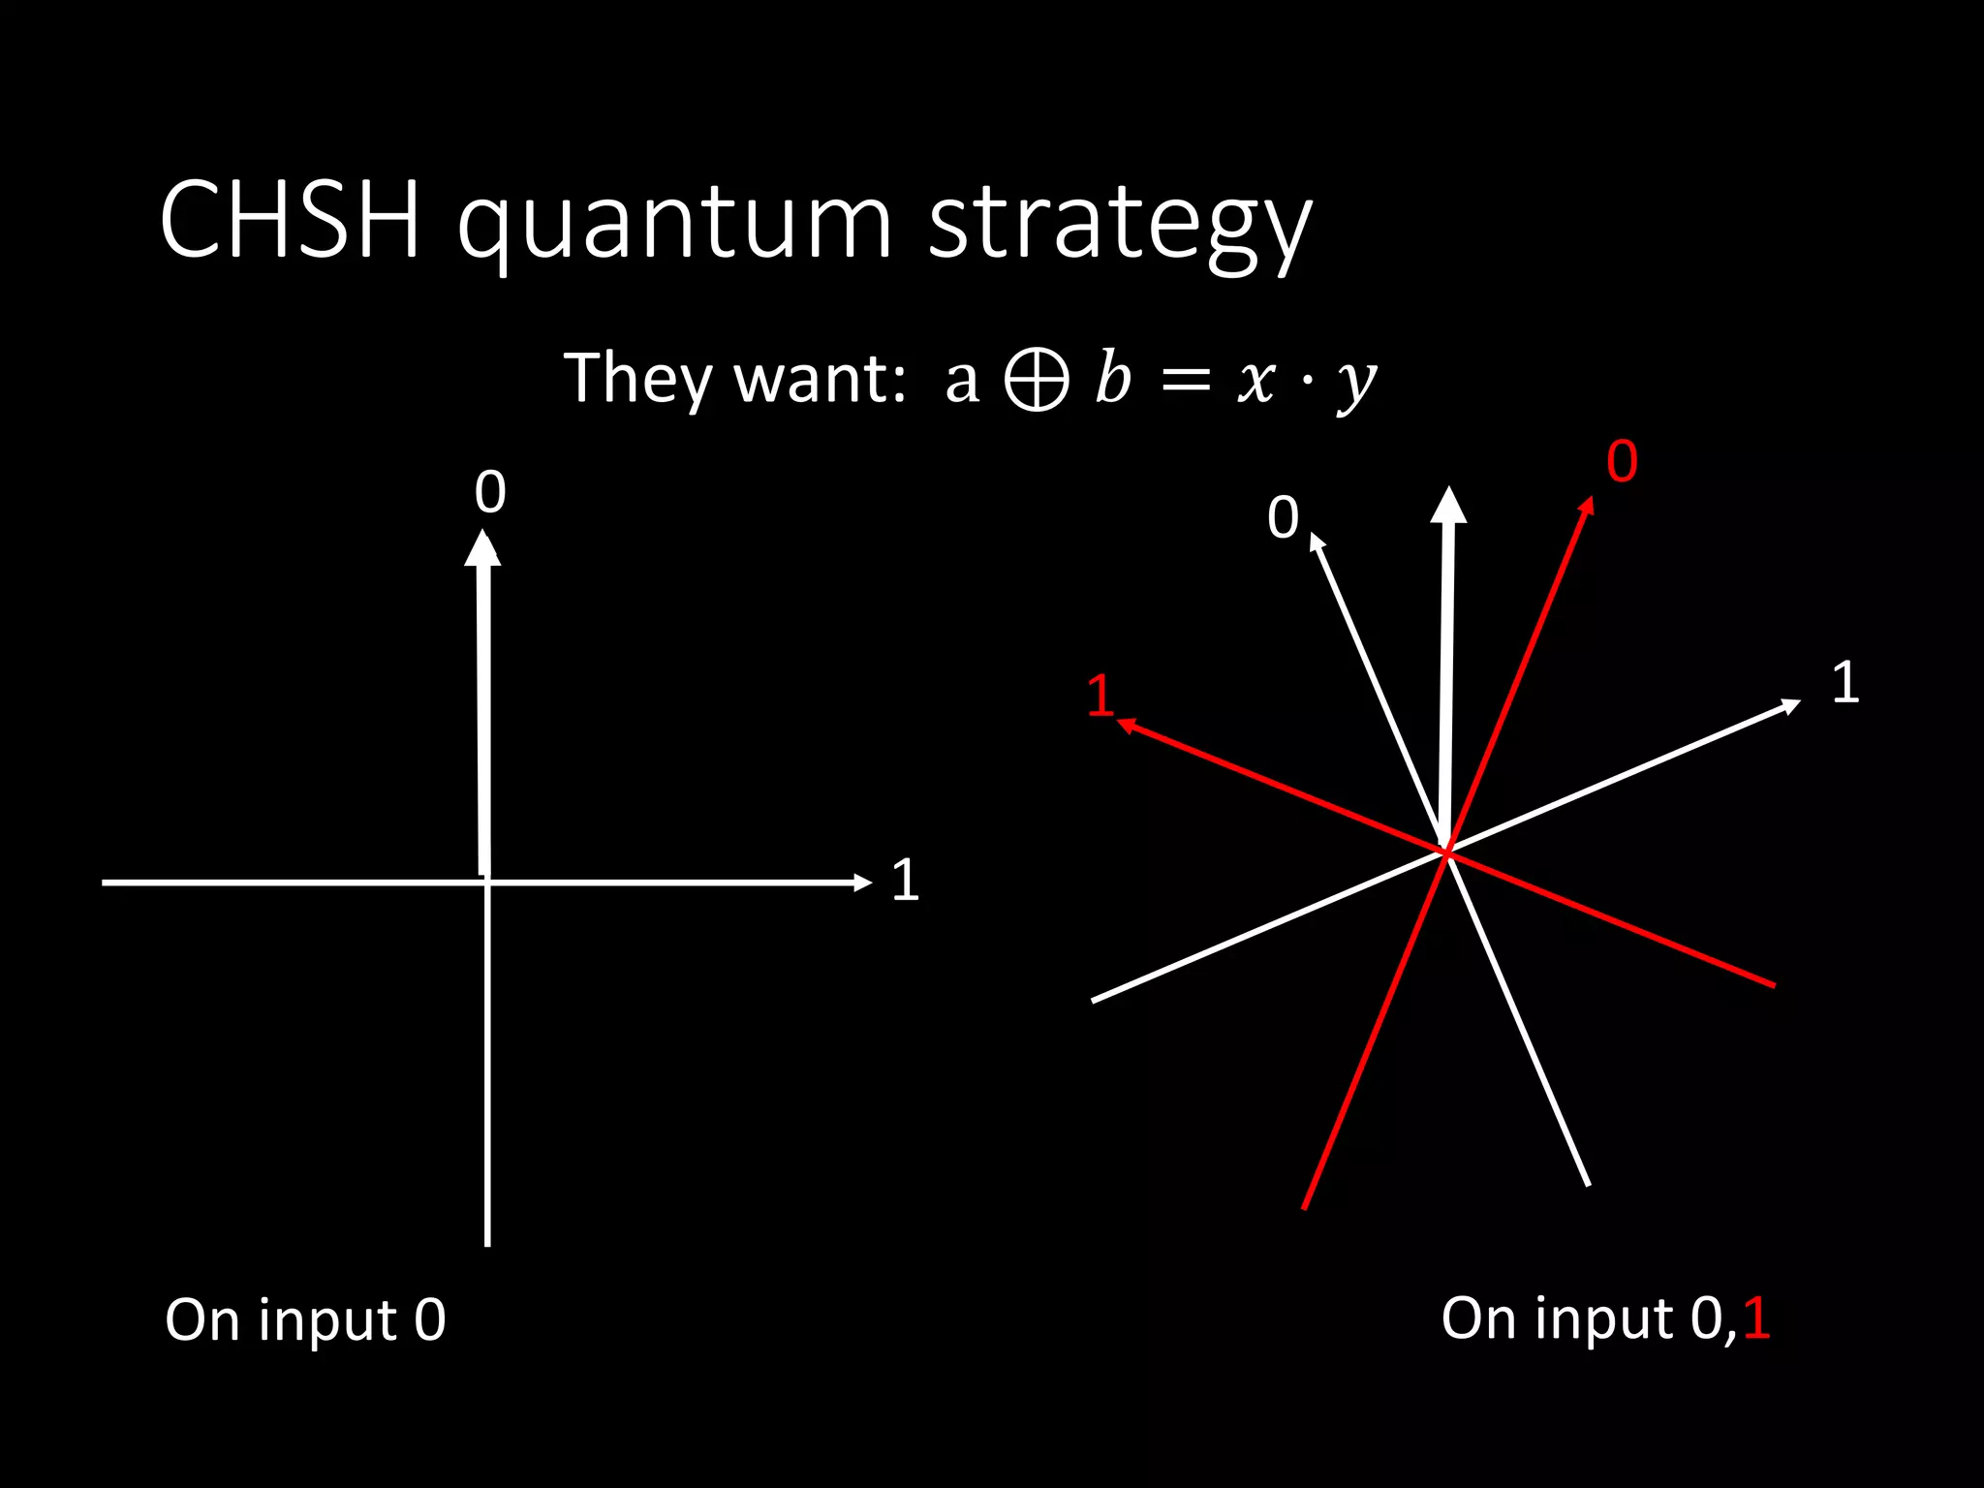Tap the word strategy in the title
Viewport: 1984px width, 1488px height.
[x=1119, y=225]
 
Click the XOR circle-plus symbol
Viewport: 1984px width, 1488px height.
[x=1036, y=379]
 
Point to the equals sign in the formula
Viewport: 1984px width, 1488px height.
[x=1186, y=381]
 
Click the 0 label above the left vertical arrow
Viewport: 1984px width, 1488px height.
[x=490, y=492]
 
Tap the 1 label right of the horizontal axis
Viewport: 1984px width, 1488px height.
[x=905, y=881]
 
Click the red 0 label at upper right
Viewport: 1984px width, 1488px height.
[x=1622, y=461]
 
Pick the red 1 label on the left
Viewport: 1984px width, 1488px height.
[x=1100, y=696]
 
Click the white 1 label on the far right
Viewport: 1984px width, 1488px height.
[x=1845, y=682]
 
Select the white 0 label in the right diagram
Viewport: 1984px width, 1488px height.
[x=1283, y=517]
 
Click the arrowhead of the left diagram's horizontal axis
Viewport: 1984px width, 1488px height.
[x=862, y=882]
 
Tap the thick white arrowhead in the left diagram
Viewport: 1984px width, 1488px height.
[x=482, y=548]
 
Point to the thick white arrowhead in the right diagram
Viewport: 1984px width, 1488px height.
[x=1448, y=506]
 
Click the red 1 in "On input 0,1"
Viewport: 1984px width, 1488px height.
[x=1756, y=1318]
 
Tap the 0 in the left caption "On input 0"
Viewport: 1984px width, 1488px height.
[x=430, y=1319]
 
